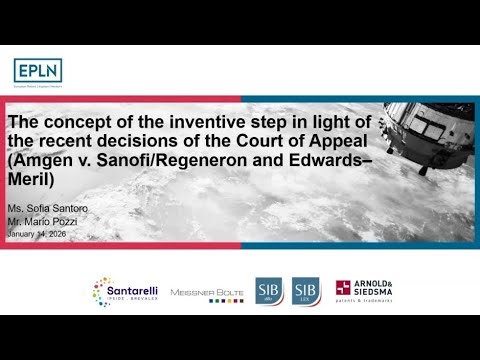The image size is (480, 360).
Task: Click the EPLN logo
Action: coord(36,70)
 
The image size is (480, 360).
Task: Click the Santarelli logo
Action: coord(123,292)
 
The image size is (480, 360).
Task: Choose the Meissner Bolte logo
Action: coord(206,292)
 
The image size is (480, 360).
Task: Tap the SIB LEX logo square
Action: coord(305,291)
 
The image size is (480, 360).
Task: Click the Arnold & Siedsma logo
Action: coord(364,291)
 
